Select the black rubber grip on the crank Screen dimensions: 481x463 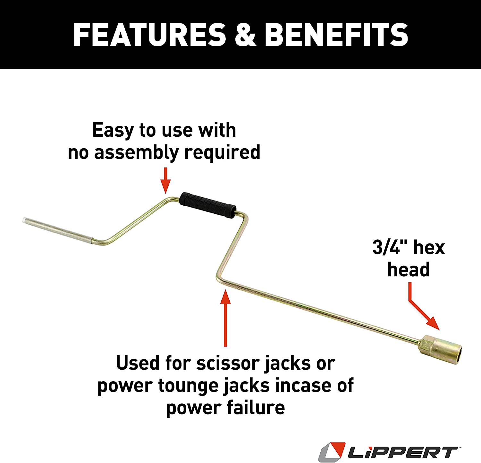[208, 205]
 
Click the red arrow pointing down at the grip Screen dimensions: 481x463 [165, 180]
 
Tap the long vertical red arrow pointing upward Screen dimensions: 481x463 [225, 318]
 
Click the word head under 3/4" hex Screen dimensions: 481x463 [409, 269]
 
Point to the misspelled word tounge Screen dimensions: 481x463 [189, 386]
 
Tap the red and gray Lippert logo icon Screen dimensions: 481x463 [332, 452]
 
